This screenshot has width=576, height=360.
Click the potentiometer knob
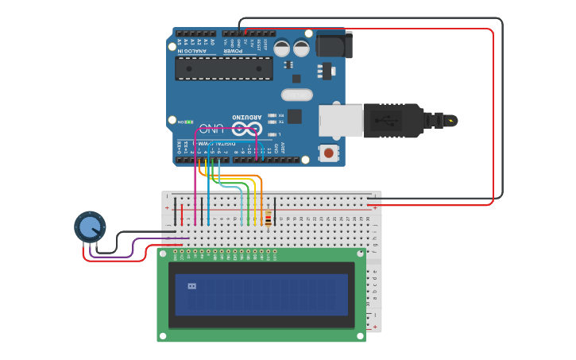click(90, 227)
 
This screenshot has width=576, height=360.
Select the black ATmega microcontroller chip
click(223, 68)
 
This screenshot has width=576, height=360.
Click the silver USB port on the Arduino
click(340, 120)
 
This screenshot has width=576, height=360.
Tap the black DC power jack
click(334, 44)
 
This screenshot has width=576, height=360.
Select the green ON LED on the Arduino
click(190, 122)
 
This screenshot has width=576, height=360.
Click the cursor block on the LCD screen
click(191, 286)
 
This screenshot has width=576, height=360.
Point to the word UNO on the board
click(211, 128)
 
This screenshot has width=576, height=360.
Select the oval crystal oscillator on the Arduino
click(296, 95)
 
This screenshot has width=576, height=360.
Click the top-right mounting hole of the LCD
click(360, 254)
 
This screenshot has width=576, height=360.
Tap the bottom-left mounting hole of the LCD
click(163, 336)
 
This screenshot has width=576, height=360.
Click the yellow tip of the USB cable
click(451, 121)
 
